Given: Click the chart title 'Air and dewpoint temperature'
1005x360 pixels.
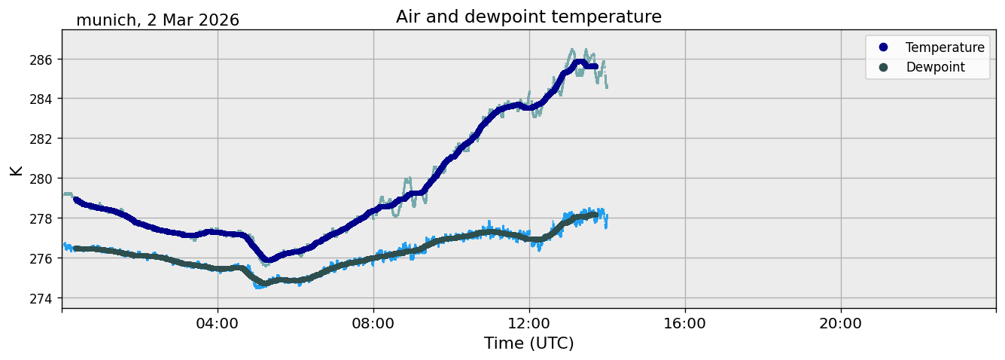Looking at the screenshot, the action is [528, 17].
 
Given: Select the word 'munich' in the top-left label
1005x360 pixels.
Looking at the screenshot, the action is [106, 20].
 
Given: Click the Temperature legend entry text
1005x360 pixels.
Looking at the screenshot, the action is [945, 47].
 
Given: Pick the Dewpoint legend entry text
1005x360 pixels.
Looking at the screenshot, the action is [936, 67].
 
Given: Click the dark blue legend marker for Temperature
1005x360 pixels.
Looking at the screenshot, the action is [883, 47].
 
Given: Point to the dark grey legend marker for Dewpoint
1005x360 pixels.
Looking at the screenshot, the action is [883, 67].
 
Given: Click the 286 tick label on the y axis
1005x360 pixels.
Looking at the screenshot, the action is [41, 59].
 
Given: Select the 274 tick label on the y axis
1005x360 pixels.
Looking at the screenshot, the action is [41, 298].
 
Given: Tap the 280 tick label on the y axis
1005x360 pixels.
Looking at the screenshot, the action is [41, 179].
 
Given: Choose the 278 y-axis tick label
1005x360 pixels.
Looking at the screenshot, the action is [41, 218].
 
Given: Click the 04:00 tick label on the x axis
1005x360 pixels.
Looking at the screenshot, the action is [217, 323].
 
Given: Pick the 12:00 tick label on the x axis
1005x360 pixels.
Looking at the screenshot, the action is [529, 323].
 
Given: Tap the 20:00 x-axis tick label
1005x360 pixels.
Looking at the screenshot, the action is [840, 323].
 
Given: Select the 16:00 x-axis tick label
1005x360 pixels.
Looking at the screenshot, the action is [684, 323].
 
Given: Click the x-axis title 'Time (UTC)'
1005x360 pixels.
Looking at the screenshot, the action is [528, 343].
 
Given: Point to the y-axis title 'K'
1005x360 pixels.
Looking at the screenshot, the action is [16, 171].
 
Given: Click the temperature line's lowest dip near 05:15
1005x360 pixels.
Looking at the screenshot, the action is [268, 260].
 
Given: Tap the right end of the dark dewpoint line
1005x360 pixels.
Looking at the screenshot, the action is [595, 215].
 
